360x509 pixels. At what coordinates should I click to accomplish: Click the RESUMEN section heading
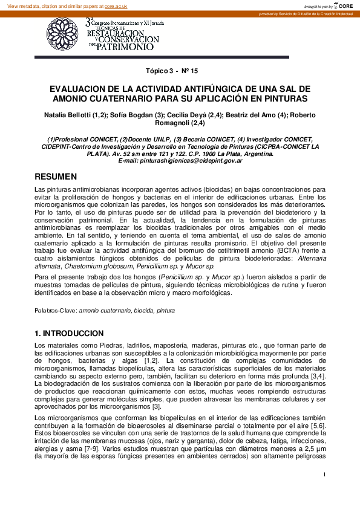(x=56, y=177)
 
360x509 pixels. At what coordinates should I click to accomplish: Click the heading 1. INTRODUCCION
(x=70, y=333)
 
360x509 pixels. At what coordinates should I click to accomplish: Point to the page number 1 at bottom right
(x=324, y=475)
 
